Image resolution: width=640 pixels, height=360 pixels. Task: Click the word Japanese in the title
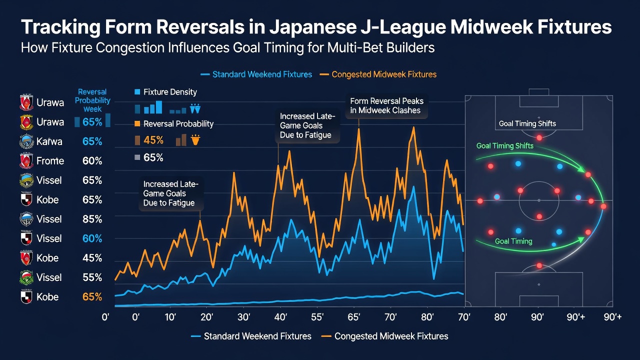point(312,27)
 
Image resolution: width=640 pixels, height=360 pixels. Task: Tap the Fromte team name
point(50,161)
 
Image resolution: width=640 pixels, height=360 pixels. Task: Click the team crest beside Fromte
point(26,161)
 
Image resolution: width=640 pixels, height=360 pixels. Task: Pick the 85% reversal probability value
point(92,219)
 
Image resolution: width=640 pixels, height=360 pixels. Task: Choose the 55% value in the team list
point(92,277)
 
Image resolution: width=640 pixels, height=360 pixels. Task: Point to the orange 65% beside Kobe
point(92,297)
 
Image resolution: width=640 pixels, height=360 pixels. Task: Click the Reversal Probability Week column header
point(92,100)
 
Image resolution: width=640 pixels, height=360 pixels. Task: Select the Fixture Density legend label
point(170,92)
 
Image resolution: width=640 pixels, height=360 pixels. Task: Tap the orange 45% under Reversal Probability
point(153,140)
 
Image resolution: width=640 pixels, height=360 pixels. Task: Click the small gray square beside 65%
point(137,157)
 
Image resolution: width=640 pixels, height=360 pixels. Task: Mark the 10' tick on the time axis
point(170,317)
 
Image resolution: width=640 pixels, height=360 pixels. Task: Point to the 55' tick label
point(317,317)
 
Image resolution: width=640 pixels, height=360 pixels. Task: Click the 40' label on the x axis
point(280,317)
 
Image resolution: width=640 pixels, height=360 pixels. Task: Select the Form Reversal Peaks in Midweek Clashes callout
point(386,105)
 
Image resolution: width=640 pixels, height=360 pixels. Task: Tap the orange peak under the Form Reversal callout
point(358,129)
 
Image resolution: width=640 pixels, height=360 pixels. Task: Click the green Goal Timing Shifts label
point(505,145)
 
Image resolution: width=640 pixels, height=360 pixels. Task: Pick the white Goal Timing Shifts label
point(527,123)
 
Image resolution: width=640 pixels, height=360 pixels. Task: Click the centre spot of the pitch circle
point(539,200)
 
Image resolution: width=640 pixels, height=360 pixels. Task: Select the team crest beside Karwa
point(26,141)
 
